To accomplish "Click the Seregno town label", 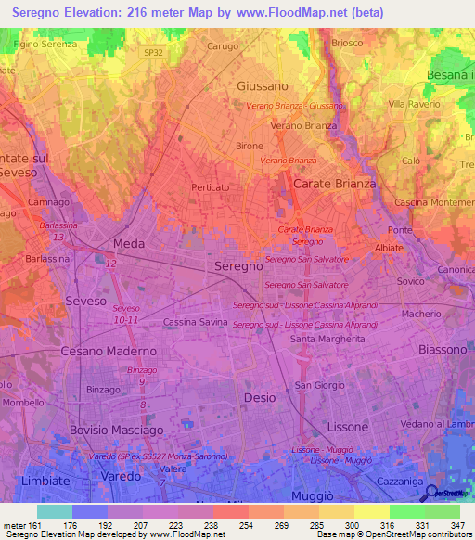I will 238,266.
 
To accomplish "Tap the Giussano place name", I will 263,85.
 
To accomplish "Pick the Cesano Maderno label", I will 109,352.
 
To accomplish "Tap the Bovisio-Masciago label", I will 116,431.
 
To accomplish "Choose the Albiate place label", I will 388,248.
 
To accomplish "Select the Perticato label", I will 210,187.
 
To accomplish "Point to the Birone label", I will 250,147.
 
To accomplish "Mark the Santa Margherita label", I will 327,340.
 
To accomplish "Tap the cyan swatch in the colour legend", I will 54,511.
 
